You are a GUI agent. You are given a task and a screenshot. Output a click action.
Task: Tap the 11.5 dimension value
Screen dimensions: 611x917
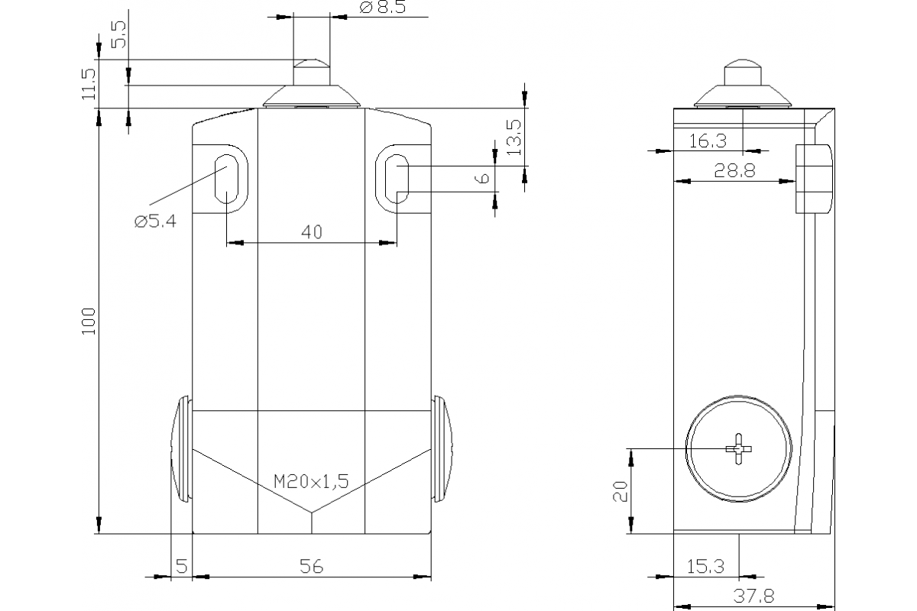click(x=89, y=84)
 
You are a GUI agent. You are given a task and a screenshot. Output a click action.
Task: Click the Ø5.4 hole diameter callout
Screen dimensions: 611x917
click(x=154, y=221)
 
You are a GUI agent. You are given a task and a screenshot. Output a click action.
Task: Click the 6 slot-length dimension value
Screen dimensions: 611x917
click(x=481, y=179)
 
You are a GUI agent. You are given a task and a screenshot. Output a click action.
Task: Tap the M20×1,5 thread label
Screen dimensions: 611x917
click(x=311, y=481)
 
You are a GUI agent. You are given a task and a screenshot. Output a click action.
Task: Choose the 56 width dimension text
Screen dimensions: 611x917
click(x=311, y=566)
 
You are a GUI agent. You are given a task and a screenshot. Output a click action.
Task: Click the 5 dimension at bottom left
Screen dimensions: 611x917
click(x=181, y=566)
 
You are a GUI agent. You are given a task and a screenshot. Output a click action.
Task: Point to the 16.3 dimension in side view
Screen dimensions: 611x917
click(x=708, y=140)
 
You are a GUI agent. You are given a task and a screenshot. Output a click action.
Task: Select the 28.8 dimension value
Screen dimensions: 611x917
click(x=734, y=171)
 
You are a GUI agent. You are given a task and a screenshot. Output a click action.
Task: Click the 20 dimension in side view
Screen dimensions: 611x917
click(x=621, y=491)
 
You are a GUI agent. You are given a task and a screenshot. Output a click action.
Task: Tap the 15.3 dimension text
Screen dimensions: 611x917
click(x=706, y=566)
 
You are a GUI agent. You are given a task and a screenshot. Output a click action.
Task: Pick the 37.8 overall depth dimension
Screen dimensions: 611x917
click(x=753, y=596)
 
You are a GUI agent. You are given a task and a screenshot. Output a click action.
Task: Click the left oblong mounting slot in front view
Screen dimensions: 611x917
click(x=227, y=178)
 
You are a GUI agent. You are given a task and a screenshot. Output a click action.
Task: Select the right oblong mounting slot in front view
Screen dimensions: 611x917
click(x=396, y=178)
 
